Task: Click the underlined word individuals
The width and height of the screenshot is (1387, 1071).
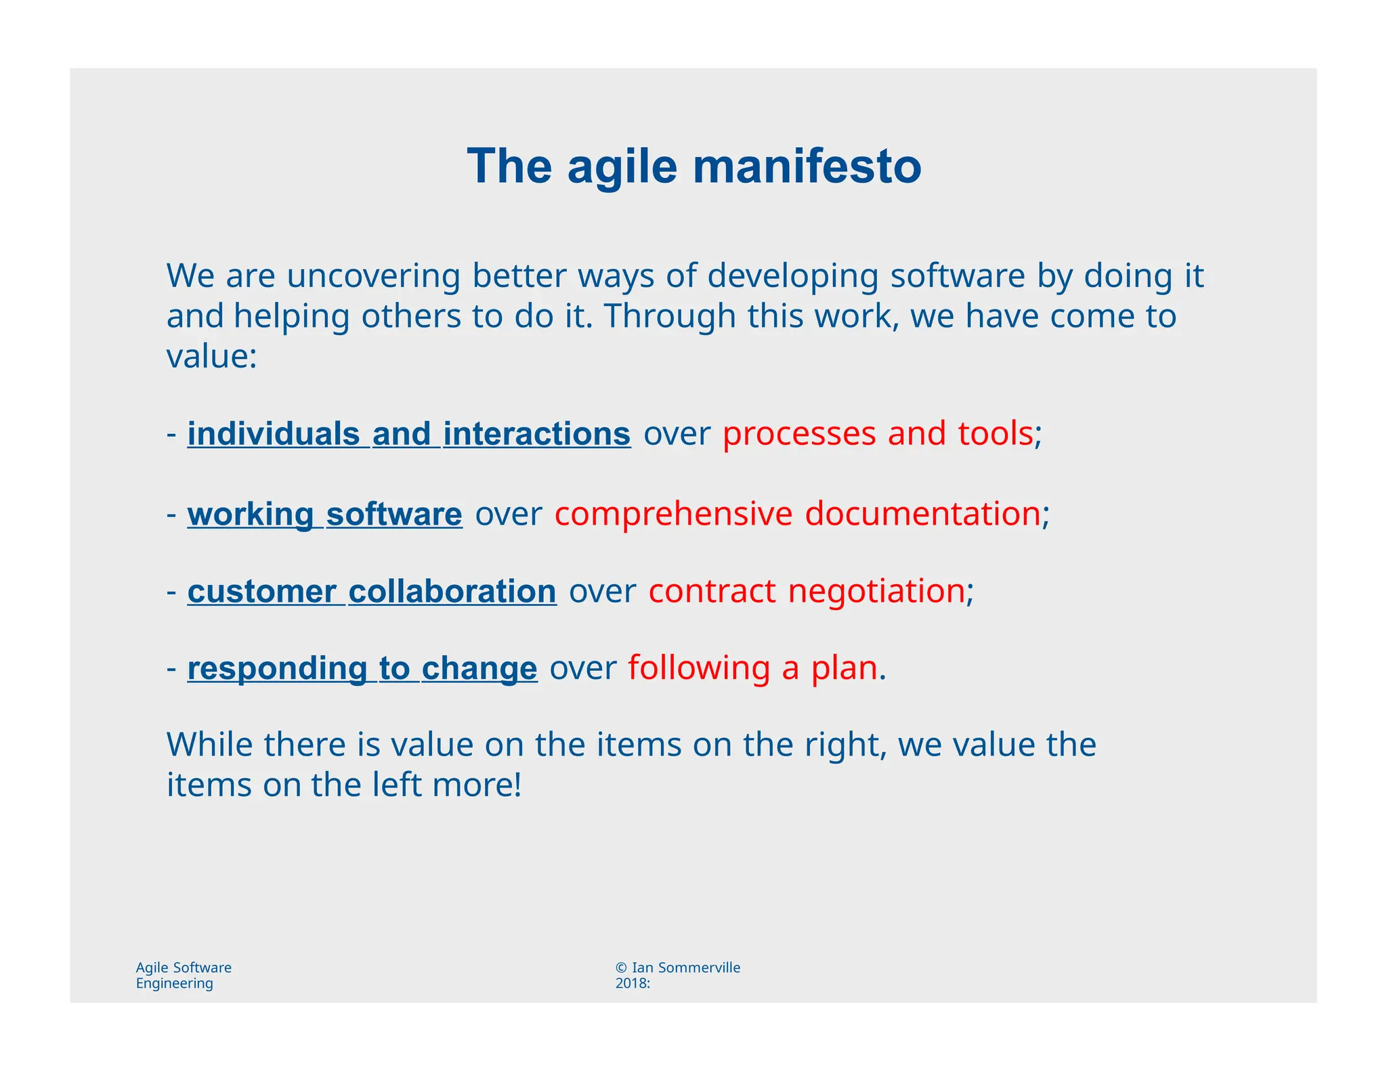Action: [x=274, y=434]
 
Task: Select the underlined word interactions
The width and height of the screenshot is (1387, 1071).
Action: [x=536, y=434]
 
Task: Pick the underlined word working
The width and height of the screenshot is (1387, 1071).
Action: [x=251, y=515]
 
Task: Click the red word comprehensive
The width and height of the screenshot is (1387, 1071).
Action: [x=673, y=515]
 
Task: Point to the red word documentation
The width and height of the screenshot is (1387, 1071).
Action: [x=922, y=515]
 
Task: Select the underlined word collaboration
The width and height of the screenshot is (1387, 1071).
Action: [x=452, y=592]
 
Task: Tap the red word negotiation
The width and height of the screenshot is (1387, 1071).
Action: [x=876, y=592]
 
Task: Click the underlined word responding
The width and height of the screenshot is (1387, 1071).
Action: [x=277, y=669]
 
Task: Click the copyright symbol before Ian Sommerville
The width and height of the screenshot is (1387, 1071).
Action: [x=622, y=967]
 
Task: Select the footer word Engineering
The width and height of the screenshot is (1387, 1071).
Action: [x=175, y=984]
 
